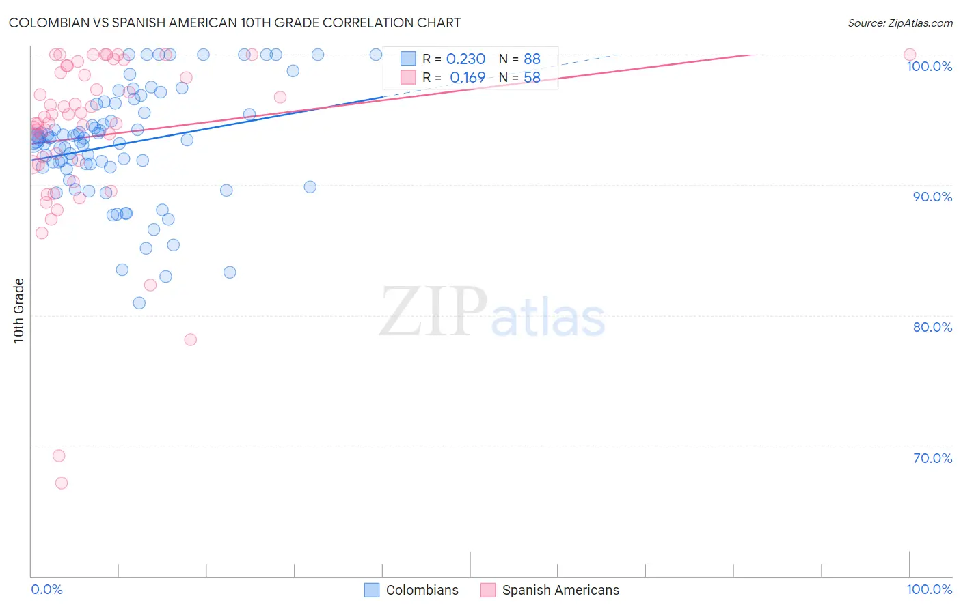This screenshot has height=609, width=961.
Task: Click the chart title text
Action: coord(234,23)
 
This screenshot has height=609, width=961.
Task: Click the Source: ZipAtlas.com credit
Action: coord(899,23)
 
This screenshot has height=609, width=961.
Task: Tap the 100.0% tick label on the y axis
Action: coord(929,66)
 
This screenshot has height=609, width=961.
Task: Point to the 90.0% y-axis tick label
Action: coord(932,197)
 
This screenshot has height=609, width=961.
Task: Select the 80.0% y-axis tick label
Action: coord(932,327)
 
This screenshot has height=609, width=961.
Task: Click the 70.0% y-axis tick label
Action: coord(932,458)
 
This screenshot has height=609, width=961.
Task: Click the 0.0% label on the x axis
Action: coord(46,589)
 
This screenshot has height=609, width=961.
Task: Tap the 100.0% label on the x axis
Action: coord(929,589)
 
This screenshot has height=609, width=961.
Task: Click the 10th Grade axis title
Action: coord(19,311)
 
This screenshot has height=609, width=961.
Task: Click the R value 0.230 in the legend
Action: coord(465,59)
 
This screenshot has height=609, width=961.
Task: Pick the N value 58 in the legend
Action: coord(532,78)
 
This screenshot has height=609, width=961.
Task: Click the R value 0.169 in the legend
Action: coord(468,78)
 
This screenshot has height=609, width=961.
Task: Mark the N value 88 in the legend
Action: coord(532,59)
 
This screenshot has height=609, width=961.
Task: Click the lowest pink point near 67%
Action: coord(62,483)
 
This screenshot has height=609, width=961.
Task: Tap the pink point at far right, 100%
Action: coord(910,55)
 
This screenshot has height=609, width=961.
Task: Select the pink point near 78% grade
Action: coord(191,339)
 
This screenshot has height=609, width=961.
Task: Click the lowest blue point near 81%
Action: coord(139,303)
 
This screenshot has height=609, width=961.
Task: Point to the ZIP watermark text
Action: coord(433,312)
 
